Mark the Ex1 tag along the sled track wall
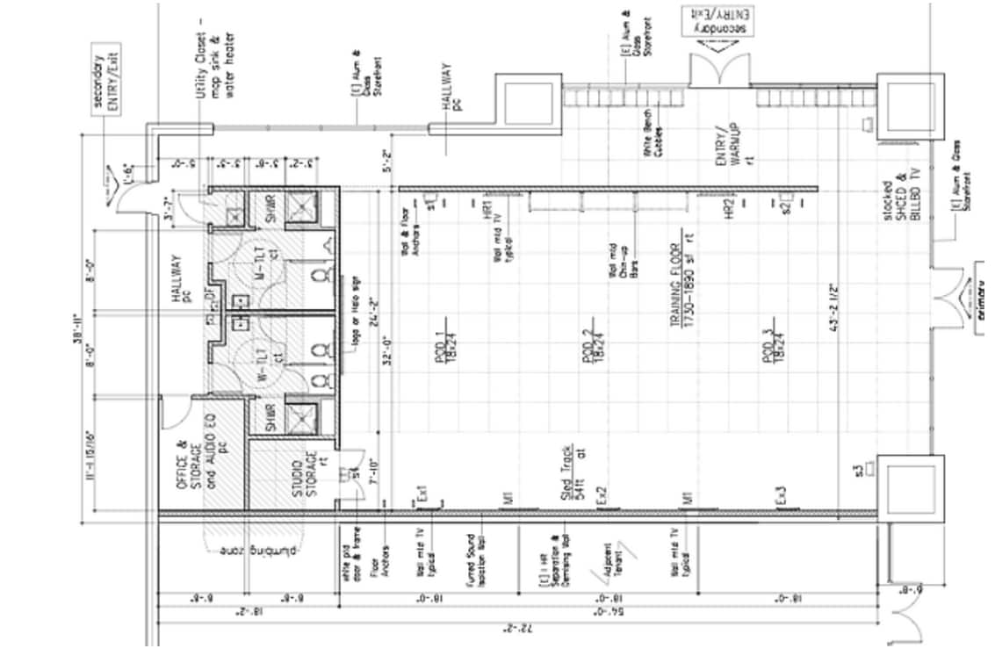point(423,495)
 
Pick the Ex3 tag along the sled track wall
point(782,495)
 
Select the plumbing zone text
point(259,552)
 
